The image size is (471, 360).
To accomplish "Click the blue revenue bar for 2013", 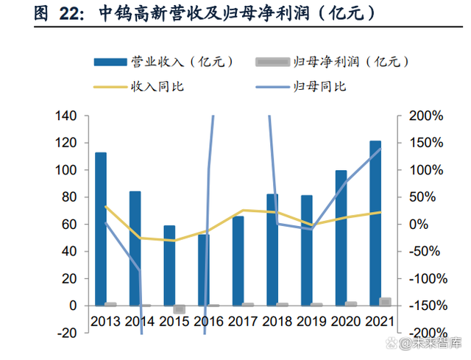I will click(101, 228).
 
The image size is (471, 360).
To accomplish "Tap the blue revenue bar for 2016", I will click(204, 269).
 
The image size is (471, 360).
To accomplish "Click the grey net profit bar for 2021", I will click(385, 301).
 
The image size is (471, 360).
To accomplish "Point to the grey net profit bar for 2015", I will click(179, 309).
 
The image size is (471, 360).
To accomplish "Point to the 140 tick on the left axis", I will click(66, 116).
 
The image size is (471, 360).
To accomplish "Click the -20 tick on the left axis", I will click(68, 333).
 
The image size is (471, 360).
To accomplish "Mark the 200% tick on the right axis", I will click(420, 116).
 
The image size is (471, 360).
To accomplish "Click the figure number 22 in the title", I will click(60, 13).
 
